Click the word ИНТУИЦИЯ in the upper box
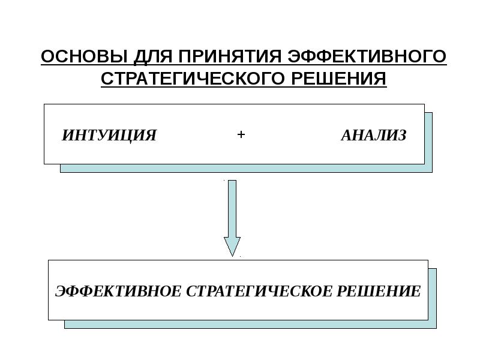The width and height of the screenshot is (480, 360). point(109,136)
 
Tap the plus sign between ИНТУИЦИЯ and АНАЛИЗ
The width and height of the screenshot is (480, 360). point(241,135)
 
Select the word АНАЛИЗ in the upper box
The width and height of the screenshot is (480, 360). point(373,136)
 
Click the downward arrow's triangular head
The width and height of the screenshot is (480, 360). point(232,245)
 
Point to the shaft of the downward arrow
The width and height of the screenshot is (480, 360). point(232,207)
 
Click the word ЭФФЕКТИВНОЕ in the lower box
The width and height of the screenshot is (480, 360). point(118,292)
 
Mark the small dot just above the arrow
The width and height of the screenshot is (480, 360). point(224,179)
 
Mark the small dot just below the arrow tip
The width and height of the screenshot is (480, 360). point(241,257)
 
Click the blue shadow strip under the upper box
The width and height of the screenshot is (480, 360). point(246,169)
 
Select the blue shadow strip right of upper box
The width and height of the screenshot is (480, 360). point(428,141)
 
